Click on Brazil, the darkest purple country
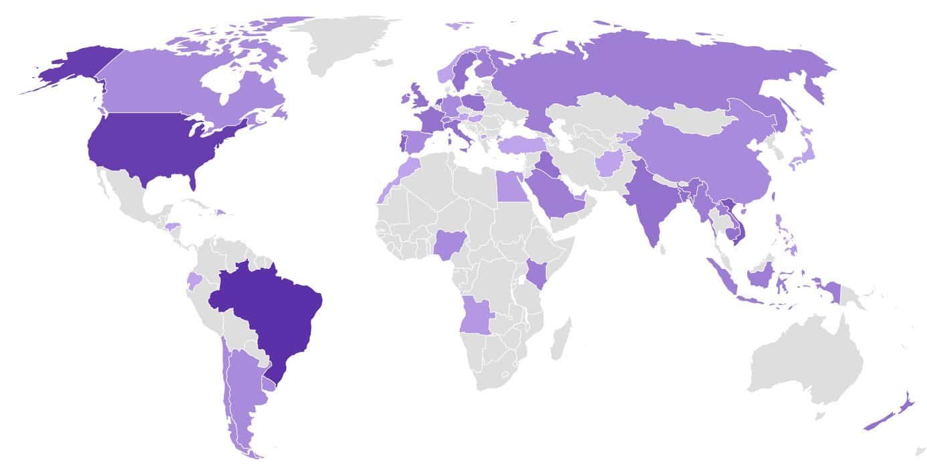click(x=274, y=314)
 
